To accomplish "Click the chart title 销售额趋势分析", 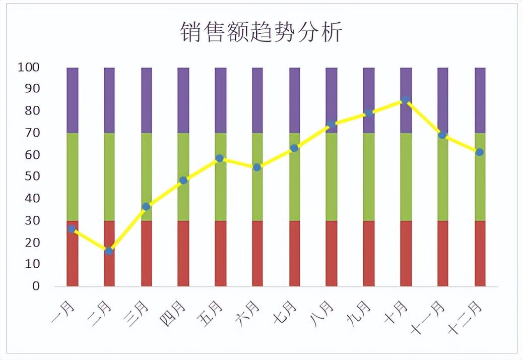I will pyautogui.click(x=261, y=32).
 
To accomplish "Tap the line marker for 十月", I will pyautogui.click(x=405, y=100).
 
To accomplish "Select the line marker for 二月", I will pyautogui.click(x=109, y=251).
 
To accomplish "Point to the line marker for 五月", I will pyautogui.click(x=220, y=158).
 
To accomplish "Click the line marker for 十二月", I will pyautogui.click(x=480, y=152).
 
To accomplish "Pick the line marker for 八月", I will pyautogui.click(x=331, y=124).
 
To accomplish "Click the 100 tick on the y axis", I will pyautogui.click(x=29, y=67).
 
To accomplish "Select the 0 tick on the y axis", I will pyautogui.click(x=36, y=286).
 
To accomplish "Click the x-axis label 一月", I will pyautogui.click(x=63, y=312).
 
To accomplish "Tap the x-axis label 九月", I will pyautogui.click(x=359, y=312).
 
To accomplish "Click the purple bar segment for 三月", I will pyautogui.click(x=146, y=100).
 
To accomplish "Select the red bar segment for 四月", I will pyautogui.click(x=183, y=253).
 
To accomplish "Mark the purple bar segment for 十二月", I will pyautogui.click(x=480, y=100).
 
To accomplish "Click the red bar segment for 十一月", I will pyautogui.click(x=442, y=253).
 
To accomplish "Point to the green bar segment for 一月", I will pyautogui.click(x=72, y=176).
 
